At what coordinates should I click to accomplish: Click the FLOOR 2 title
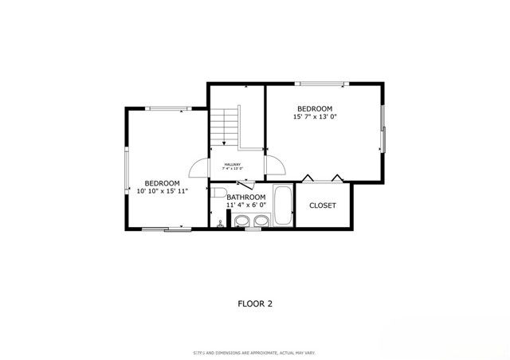[x=255, y=303]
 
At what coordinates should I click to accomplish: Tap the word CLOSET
[x=323, y=205]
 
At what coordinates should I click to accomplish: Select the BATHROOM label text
[x=245, y=197]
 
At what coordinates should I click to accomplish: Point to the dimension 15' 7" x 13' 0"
[x=315, y=117]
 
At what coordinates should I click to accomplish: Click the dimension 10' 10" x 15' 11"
[x=162, y=191]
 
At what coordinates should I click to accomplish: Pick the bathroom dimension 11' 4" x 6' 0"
[x=245, y=205]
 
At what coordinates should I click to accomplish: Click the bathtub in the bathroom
[x=283, y=207]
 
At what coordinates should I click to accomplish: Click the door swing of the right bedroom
[x=275, y=167]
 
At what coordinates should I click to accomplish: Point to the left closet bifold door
[x=308, y=178]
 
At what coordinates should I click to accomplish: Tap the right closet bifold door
[x=338, y=178]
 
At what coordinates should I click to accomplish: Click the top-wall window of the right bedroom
[x=320, y=82]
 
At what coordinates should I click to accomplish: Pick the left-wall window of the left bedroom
[x=127, y=167]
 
